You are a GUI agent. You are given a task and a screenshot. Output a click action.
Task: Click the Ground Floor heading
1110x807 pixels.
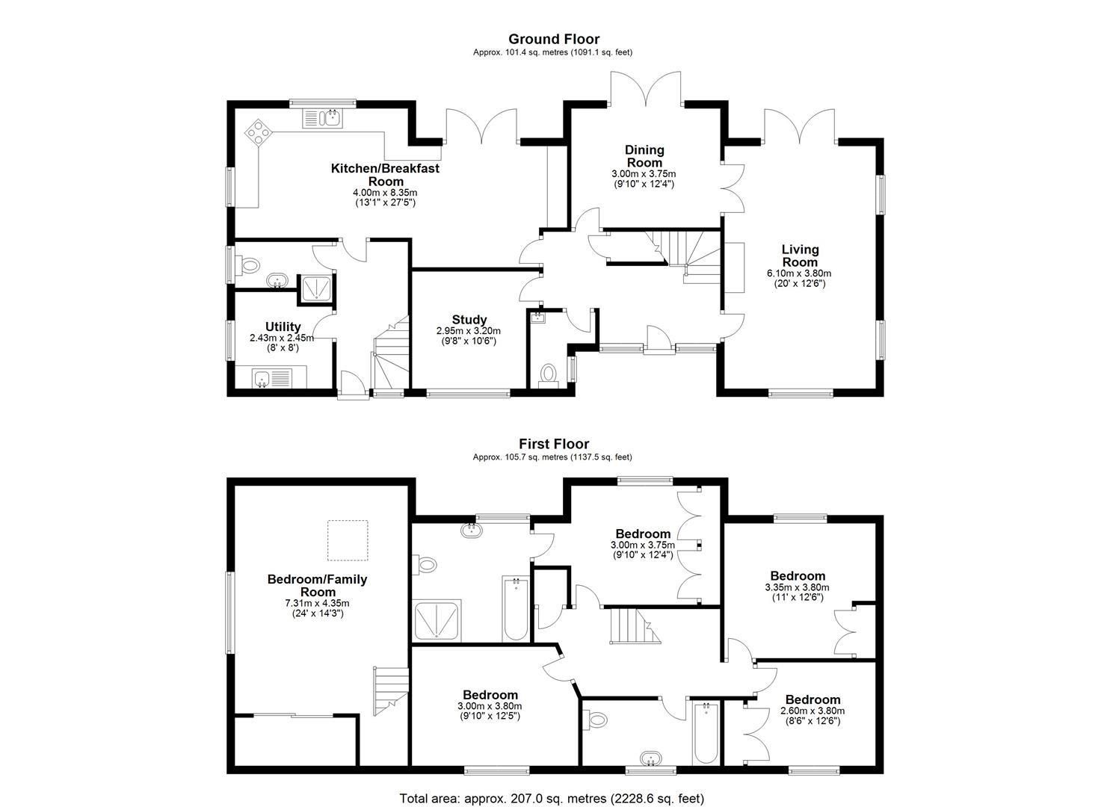coord(554,39)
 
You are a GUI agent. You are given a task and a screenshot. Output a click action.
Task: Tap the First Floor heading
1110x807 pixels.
coord(554,444)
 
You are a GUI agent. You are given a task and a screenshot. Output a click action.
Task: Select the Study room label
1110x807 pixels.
coord(469,320)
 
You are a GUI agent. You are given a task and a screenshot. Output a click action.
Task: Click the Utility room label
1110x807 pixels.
coord(283,327)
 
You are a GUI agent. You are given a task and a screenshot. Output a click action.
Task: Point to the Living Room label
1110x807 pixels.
coord(800,256)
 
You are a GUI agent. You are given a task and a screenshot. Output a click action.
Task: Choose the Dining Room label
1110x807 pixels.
coord(644,156)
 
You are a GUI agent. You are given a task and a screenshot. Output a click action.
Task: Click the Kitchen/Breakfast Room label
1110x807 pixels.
coord(385,175)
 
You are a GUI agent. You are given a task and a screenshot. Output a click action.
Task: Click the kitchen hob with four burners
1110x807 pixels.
coord(258,132)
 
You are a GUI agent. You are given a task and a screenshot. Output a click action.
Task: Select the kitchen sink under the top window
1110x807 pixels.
coord(322,117)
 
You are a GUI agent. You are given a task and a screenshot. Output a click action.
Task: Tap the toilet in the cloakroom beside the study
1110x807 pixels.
coord(549,373)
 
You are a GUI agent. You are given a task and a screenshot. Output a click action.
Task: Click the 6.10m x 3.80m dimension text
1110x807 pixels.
coord(799,273)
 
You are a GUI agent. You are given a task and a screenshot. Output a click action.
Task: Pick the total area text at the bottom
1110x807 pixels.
coord(552,798)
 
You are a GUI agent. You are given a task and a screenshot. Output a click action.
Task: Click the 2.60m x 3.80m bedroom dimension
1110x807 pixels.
coord(812,711)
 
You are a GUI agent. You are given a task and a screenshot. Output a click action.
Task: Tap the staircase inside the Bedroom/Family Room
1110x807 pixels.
coord(390,688)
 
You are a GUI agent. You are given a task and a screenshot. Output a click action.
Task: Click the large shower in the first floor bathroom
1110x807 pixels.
coord(437,619)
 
